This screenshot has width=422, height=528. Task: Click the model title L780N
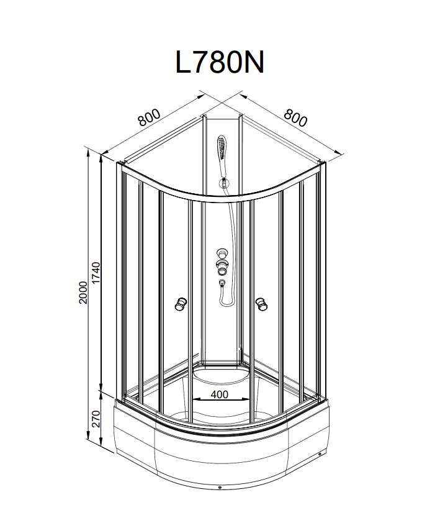pyautogui.click(x=220, y=63)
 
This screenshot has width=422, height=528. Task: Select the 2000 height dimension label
pyautogui.click(x=83, y=293)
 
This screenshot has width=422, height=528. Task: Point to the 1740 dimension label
pyautogui.click(x=96, y=273)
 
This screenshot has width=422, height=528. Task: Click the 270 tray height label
pyautogui.click(x=96, y=419)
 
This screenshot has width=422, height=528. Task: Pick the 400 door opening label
pyautogui.click(x=220, y=394)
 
